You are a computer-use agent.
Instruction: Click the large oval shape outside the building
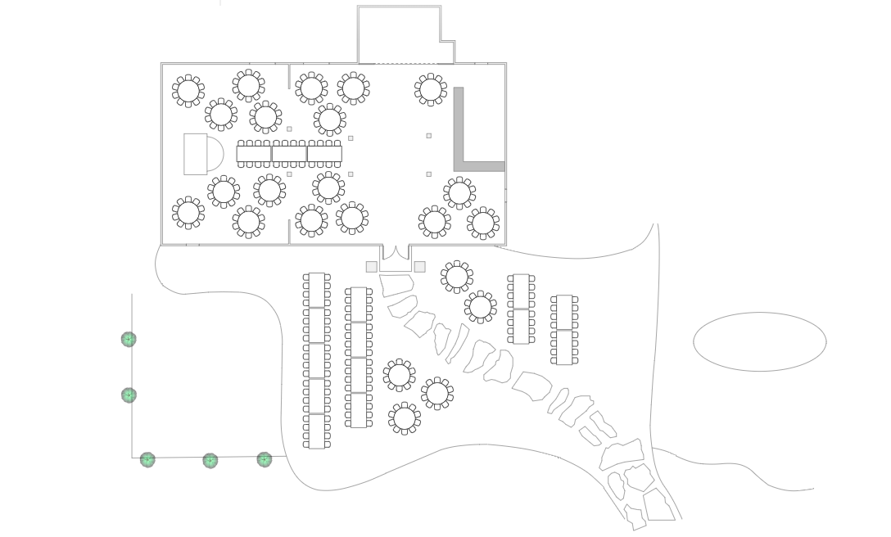[x=759, y=341]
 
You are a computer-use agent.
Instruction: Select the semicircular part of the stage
[x=215, y=154]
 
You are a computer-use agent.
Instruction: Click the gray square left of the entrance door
[x=371, y=267]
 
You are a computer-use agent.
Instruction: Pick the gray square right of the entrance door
[x=420, y=267]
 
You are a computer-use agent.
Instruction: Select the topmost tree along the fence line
[x=129, y=339]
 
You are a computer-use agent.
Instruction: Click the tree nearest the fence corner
[x=147, y=459]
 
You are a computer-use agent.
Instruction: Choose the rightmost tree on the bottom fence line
[x=265, y=459]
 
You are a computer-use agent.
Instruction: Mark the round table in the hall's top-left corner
[x=188, y=90]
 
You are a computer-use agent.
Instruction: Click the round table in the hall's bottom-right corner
[x=483, y=222]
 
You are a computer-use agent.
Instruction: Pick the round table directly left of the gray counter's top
[x=431, y=89]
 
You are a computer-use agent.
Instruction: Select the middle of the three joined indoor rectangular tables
[x=289, y=153]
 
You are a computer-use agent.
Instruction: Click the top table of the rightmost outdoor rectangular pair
[x=564, y=312]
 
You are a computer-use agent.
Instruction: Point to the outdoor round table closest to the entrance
[x=456, y=276]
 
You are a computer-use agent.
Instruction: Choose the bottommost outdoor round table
[x=404, y=417]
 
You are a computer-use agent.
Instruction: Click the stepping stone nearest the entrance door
[x=396, y=286]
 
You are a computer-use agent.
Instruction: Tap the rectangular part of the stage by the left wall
[x=195, y=154]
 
